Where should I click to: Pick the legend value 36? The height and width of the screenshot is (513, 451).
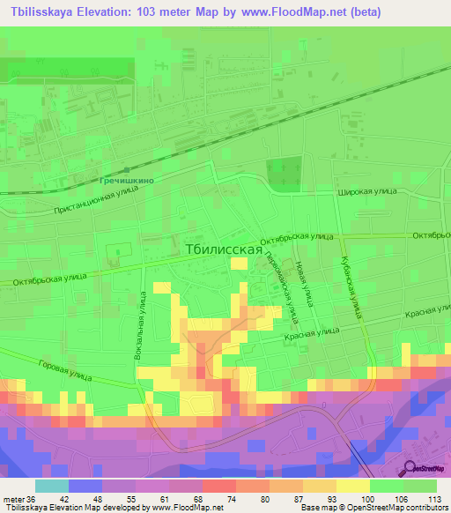point(33,498)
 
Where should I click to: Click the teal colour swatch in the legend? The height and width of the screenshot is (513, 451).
point(51,486)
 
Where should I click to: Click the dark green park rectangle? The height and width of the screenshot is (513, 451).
point(284,174)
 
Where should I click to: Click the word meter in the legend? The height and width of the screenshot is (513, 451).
point(13,498)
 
